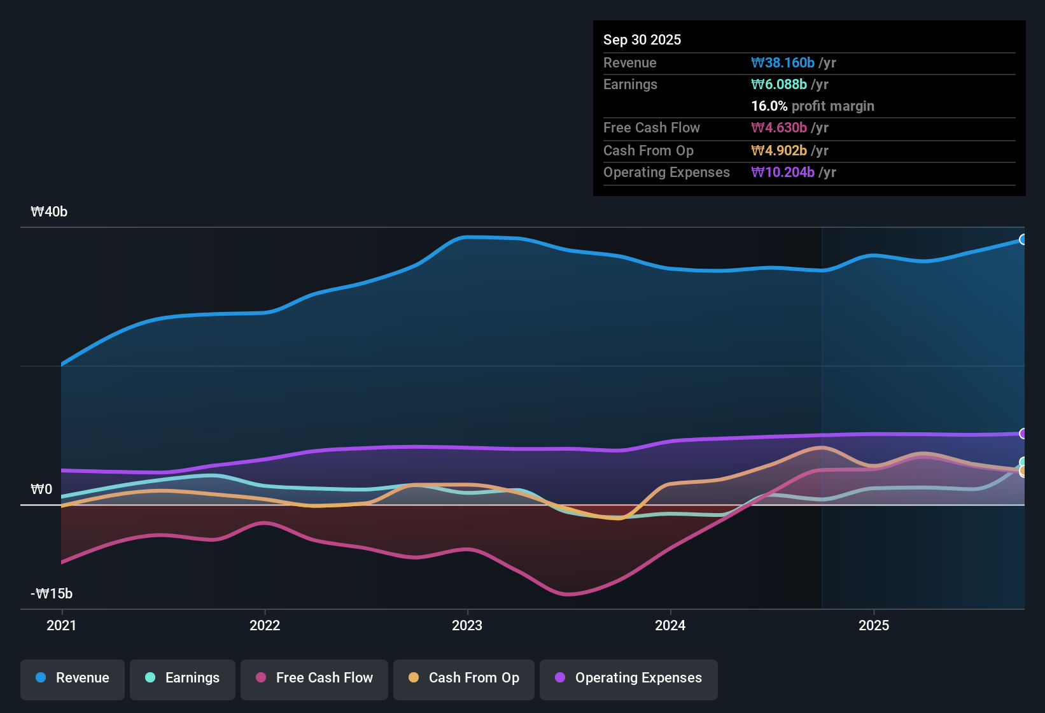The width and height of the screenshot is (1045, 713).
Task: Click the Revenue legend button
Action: point(73,678)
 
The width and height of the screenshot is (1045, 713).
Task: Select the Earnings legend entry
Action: point(183,678)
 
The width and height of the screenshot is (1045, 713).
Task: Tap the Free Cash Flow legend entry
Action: point(314,678)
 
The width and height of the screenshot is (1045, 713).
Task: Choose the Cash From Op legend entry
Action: point(464,678)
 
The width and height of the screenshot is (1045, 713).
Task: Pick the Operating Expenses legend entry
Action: point(629,678)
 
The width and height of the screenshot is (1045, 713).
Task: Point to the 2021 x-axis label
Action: point(62,625)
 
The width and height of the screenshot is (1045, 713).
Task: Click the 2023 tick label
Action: point(467,625)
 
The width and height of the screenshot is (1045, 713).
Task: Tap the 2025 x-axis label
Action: point(874,625)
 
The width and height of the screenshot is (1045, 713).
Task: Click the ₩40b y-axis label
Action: point(49,212)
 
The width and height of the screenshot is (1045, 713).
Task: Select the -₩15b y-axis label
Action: point(52,594)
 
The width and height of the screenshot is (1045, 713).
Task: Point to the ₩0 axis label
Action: point(41,490)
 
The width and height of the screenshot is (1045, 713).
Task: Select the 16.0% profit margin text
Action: point(812,106)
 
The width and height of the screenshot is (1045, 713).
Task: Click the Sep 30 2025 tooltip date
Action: point(642,40)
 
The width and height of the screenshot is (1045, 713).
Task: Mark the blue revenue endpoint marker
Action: point(1023,239)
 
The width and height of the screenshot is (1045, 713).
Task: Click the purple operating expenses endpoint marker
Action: point(1023,434)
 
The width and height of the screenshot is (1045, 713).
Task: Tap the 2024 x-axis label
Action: point(670,625)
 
